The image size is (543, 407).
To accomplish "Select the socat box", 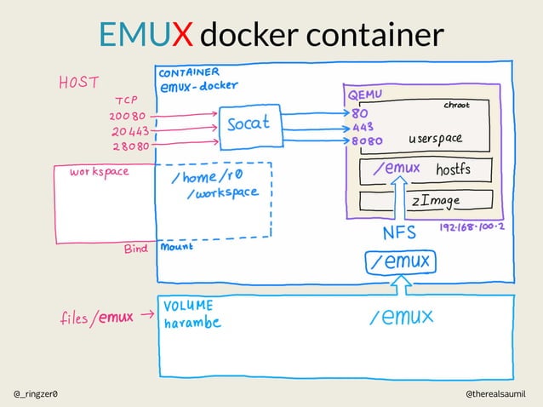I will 247,123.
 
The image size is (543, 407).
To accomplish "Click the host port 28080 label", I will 129,146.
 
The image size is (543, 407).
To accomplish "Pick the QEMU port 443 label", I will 360,129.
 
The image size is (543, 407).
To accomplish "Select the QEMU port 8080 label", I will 366,141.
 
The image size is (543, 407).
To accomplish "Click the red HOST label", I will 78,83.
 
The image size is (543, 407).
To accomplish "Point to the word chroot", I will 456,105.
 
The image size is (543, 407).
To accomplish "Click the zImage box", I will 426,201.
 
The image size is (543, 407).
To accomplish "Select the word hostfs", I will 453,169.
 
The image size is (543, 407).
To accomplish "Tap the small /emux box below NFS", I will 401,261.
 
